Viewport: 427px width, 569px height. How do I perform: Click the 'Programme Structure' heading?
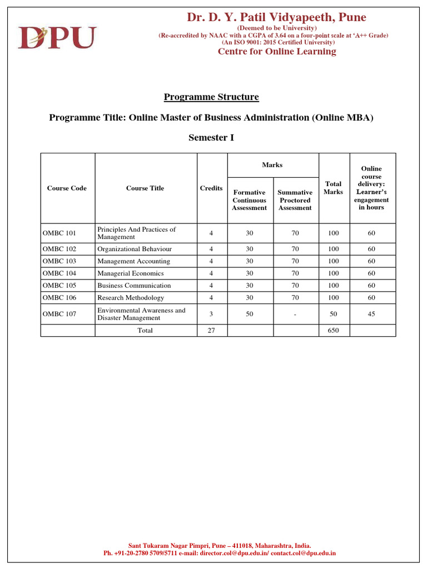[211, 97]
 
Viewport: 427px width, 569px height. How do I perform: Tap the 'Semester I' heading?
[211, 138]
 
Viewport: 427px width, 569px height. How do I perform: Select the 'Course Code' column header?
[67, 188]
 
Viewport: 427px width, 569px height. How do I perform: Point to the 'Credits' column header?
[211, 188]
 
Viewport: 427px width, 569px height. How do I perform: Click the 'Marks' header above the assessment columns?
[272, 165]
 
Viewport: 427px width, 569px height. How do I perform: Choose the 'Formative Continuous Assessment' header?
[250, 200]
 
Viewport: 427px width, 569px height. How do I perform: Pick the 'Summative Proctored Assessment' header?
[295, 200]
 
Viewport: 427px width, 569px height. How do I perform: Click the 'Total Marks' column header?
[334, 188]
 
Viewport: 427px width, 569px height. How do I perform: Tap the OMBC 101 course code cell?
[59, 233]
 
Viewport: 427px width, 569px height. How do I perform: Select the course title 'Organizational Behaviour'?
[135, 249]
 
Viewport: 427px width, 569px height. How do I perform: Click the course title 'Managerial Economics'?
[131, 273]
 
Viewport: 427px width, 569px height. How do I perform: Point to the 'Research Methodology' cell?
[131, 298]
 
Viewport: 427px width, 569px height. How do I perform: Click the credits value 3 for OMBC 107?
[211, 314]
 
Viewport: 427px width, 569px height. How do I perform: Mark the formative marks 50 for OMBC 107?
[250, 314]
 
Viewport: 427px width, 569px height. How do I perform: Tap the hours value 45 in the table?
[371, 314]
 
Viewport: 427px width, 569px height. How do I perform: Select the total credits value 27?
[211, 330]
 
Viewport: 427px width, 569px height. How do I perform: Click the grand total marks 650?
[334, 330]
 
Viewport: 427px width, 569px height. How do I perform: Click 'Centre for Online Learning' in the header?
[277, 52]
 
